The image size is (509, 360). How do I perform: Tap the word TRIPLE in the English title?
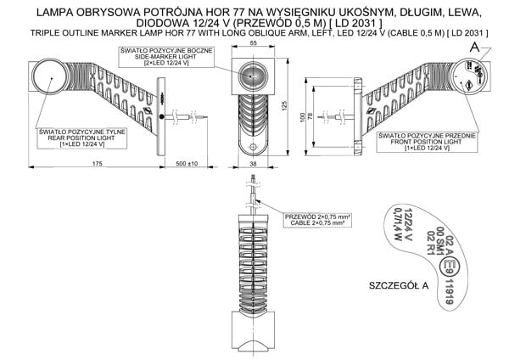pos(45,32)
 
